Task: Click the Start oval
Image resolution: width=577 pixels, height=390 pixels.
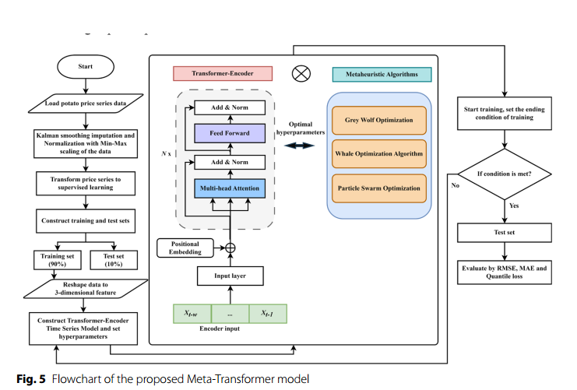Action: pyautogui.click(x=86, y=67)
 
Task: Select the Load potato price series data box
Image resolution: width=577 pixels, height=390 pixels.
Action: pyautogui.click(x=86, y=104)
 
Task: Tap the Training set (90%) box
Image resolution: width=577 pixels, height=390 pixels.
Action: pyautogui.click(x=58, y=260)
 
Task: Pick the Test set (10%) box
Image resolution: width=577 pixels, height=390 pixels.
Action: pyautogui.click(x=114, y=260)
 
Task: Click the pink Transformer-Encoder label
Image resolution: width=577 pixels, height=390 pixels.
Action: pyautogui.click(x=223, y=73)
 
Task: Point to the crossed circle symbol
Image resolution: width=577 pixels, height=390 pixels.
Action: pyautogui.click(x=301, y=74)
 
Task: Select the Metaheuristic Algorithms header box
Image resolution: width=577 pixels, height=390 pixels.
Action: pyautogui.click(x=382, y=74)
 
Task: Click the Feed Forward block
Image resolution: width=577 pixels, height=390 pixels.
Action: pyautogui.click(x=230, y=133)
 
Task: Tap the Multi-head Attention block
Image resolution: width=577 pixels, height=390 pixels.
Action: pyautogui.click(x=230, y=188)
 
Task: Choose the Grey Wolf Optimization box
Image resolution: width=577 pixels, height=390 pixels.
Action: pyautogui.click(x=379, y=121)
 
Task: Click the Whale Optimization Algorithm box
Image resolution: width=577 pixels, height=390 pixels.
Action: pyautogui.click(x=379, y=154)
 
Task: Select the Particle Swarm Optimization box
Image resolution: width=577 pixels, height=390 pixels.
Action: pyautogui.click(x=379, y=188)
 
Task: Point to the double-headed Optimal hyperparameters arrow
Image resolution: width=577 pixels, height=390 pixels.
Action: pyautogui.click(x=300, y=146)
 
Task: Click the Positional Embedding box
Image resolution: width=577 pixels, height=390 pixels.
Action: pyautogui.click(x=185, y=248)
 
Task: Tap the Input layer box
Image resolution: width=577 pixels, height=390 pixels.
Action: pyautogui.click(x=230, y=276)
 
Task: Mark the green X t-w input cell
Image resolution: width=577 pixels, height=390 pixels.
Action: pyautogui.click(x=192, y=314)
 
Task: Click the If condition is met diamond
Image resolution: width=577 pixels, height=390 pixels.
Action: pyautogui.click(x=505, y=174)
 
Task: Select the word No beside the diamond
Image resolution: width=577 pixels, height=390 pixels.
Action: pyautogui.click(x=456, y=185)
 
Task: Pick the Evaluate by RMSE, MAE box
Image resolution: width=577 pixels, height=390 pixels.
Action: pyautogui.click(x=505, y=272)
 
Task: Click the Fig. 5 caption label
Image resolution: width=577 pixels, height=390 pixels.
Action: pyautogui.click(x=31, y=379)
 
